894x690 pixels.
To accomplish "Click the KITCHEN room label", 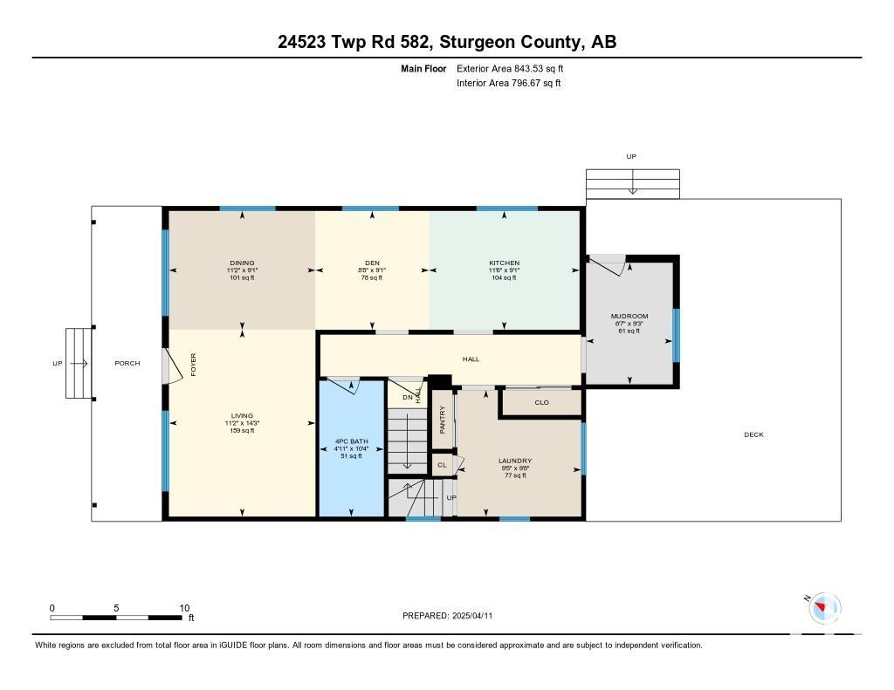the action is point(504,263).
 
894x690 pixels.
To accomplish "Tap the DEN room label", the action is point(372,263).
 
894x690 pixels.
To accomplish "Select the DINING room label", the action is point(243,263).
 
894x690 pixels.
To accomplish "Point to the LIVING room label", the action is point(243,416).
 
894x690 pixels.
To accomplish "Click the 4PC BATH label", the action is point(351,441).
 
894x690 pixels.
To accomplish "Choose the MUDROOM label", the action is point(629,317).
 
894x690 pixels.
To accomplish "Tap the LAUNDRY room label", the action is point(515,461).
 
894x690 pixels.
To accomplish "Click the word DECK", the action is point(753,434).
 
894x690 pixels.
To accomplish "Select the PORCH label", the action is point(127,364).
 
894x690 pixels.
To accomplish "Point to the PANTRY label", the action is point(443,420).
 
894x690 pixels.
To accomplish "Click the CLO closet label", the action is point(541,403).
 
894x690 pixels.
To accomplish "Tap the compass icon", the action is point(824,607).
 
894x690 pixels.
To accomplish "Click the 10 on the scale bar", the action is point(184,608).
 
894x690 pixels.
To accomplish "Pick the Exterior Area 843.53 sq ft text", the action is point(510,68).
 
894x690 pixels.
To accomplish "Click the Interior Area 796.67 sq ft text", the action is point(509,83).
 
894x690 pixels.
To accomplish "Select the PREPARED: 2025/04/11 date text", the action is point(448,616).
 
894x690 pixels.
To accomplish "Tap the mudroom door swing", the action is point(608,265).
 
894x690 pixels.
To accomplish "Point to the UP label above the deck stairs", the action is point(631,157).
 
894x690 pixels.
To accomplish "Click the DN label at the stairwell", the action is point(408,398).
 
